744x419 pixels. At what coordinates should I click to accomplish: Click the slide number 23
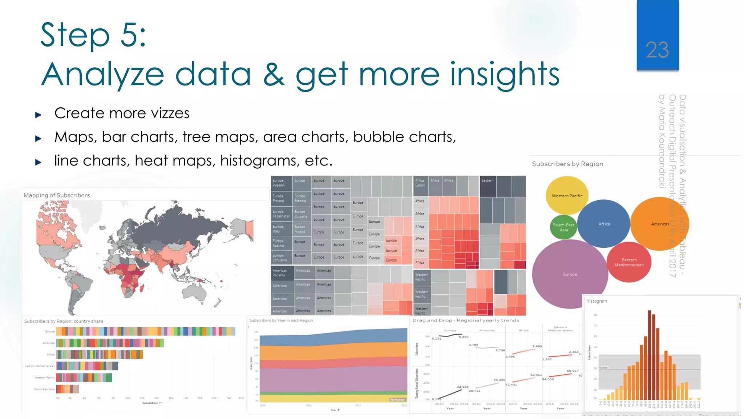coord(657,50)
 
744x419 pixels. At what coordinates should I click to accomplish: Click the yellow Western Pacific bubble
coord(567,196)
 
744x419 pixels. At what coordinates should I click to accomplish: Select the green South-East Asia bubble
coord(563,227)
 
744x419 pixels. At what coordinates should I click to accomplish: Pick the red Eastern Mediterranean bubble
coord(629,262)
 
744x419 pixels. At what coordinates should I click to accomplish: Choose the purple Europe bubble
coord(570,274)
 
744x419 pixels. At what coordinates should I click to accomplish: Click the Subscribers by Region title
coord(567,164)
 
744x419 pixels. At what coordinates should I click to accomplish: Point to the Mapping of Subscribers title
coord(57,195)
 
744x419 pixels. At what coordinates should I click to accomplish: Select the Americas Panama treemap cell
coord(282,273)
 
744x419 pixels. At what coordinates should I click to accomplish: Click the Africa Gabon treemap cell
coord(421,183)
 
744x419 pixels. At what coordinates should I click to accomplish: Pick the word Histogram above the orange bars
coord(596,301)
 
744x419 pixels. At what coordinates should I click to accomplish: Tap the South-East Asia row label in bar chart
coord(44,389)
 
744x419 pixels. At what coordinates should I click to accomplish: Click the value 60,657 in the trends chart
coord(573,371)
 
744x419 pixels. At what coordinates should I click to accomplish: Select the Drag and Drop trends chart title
coord(465,320)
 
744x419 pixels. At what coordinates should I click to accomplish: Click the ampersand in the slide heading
coord(274,74)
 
